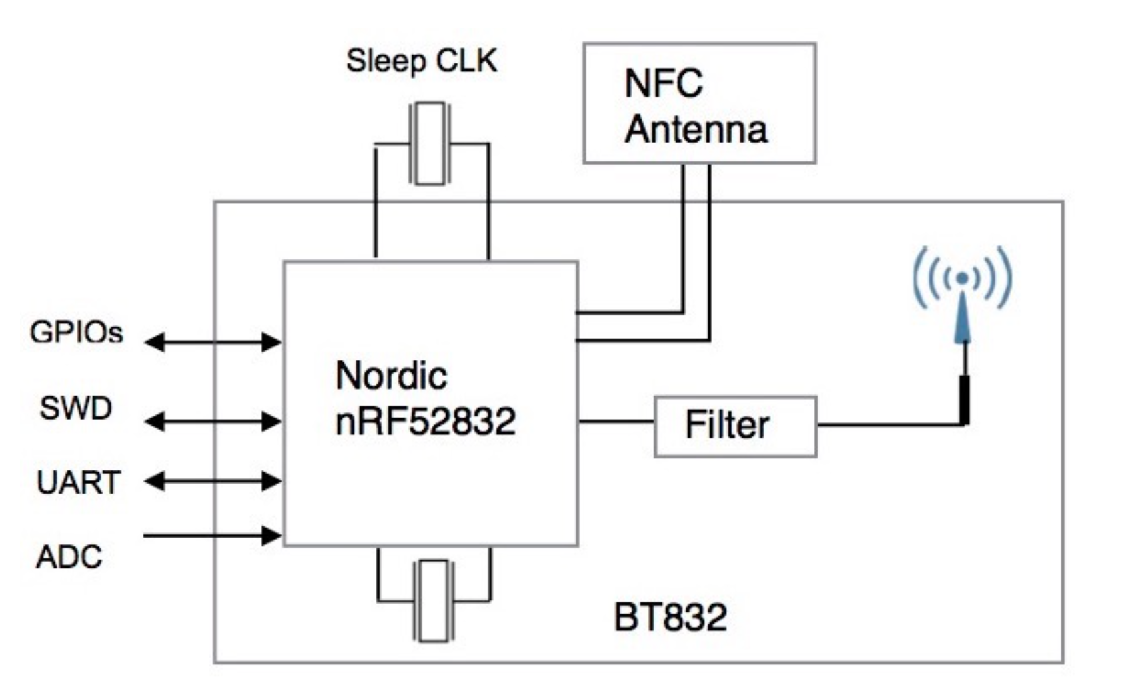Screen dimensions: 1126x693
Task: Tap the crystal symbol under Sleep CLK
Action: [x=430, y=144]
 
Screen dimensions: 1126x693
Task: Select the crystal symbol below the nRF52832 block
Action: [x=433, y=601]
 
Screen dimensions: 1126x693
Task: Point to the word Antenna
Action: [x=696, y=130]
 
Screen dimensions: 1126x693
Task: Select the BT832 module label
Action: [x=670, y=617]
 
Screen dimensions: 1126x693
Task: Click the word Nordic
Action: [x=391, y=376]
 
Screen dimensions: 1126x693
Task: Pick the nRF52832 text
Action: [x=425, y=421]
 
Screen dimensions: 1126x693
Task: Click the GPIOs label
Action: [x=77, y=333]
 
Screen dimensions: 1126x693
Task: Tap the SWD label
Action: [x=75, y=408]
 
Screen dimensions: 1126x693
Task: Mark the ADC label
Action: [x=69, y=557]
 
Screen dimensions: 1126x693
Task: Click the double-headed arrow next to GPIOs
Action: [x=213, y=343]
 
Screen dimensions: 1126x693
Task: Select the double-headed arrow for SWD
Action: [x=213, y=421]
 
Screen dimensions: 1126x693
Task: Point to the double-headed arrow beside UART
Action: [x=213, y=481]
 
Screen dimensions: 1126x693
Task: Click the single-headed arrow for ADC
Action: [x=213, y=536]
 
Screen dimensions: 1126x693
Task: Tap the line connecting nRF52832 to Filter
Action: [x=616, y=421]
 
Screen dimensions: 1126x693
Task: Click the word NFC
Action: [x=664, y=83]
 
